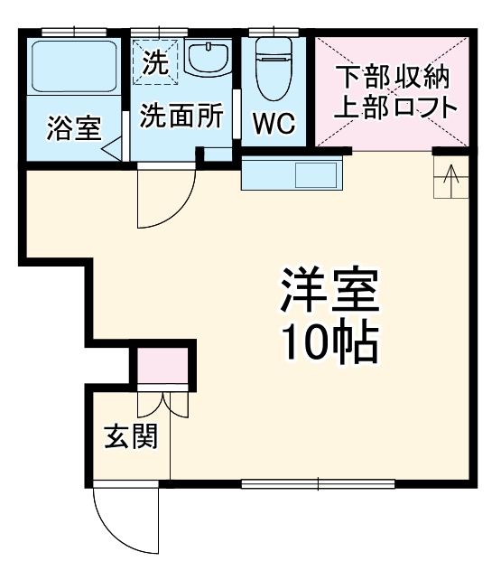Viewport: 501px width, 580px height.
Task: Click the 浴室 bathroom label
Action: [x=73, y=126]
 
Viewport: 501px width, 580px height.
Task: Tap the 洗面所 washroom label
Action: [x=181, y=117]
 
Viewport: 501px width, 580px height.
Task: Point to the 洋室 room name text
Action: [x=328, y=292]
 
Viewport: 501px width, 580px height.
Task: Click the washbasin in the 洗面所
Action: [x=210, y=61]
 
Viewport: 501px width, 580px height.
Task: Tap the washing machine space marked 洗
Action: [x=155, y=62]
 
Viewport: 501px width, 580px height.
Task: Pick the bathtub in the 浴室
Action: [x=70, y=65]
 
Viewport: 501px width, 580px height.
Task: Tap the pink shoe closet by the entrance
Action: [x=163, y=366]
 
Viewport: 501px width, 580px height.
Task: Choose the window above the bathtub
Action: [x=70, y=33]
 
